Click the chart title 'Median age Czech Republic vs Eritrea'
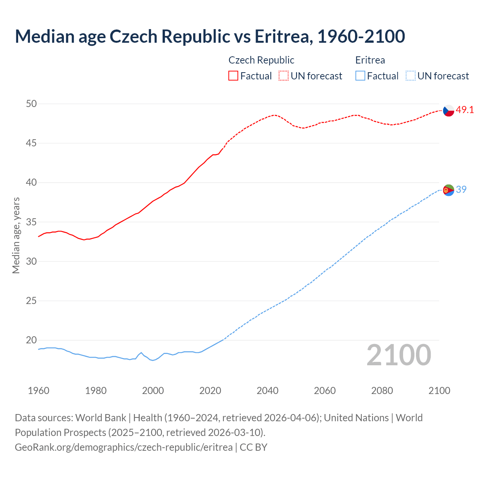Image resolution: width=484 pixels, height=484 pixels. tap(210, 36)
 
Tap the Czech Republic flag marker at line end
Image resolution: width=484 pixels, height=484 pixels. tap(448, 110)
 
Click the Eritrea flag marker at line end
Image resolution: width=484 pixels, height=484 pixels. tap(448, 190)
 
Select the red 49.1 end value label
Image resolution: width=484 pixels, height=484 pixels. tap(465, 110)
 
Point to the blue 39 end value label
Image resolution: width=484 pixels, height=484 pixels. tap(461, 189)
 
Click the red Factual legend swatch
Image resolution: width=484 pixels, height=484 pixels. tap(233, 76)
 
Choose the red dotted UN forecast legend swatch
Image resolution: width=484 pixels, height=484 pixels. tap(284, 76)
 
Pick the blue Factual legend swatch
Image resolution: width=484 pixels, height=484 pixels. tap(360, 76)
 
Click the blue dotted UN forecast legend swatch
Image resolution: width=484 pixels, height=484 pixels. tap(410, 76)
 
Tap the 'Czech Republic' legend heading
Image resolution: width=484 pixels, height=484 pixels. tap(261, 60)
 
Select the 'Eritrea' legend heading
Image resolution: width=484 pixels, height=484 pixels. tap(370, 60)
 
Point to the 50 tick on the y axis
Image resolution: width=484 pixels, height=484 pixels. tap(31, 104)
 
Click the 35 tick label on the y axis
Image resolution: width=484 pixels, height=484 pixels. tap(31, 222)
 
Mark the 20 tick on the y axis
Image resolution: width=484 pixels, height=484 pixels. tap(31, 340)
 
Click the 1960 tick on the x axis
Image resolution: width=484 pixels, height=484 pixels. tap(39, 391)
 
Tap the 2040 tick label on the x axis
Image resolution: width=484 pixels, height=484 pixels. tap(268, 391)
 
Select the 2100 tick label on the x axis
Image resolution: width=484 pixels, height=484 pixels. tap(439, 391)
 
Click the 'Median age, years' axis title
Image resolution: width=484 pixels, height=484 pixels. tap(16, 235)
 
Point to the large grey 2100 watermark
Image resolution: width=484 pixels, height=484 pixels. tap(399, 355)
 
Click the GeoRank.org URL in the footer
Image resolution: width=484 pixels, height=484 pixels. tap(124, 447)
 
